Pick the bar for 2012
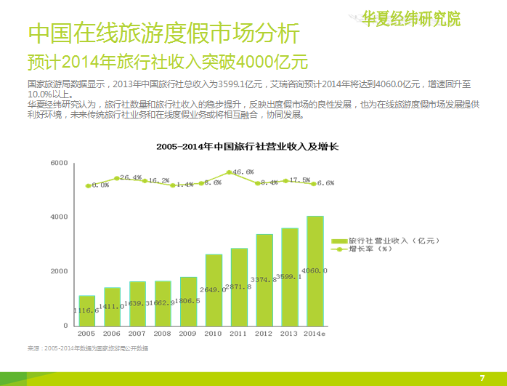(264, 280)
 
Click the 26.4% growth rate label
(131, 177)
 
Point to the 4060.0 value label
(316, 270)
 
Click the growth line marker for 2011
(229, 172)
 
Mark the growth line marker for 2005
(88, 186)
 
